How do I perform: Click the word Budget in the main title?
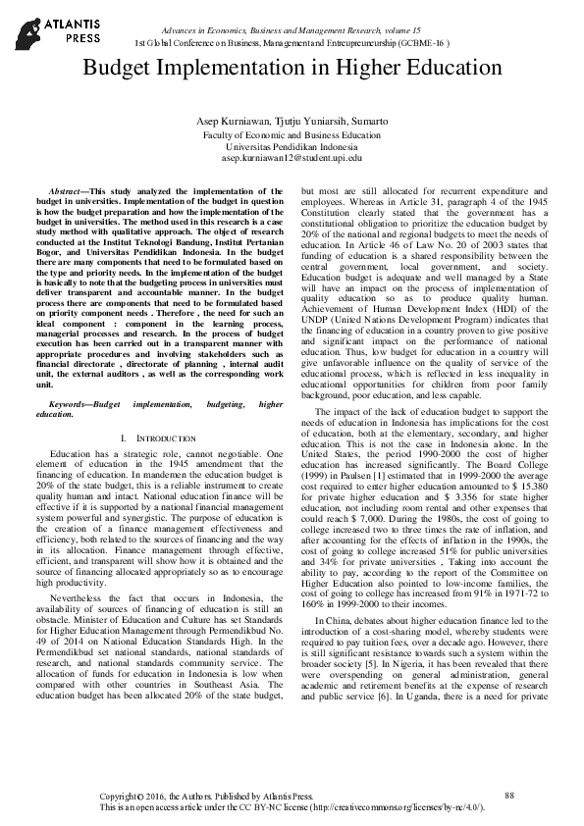(119, 70)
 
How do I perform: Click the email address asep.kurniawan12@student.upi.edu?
(292, 157)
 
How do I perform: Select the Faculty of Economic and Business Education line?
(292, 133)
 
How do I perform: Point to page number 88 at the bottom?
(508, 794)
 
